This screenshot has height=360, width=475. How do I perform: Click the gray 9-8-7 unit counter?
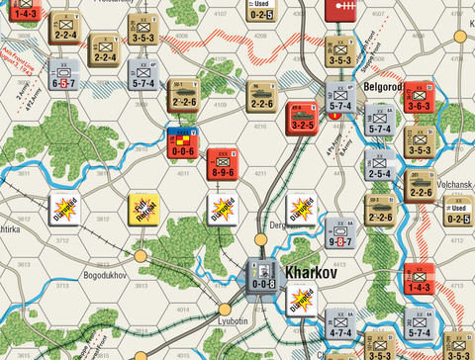pos(340,234)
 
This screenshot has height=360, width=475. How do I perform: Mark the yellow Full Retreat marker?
pos(142,210)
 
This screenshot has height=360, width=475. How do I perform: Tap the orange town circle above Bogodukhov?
pos(140,255)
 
